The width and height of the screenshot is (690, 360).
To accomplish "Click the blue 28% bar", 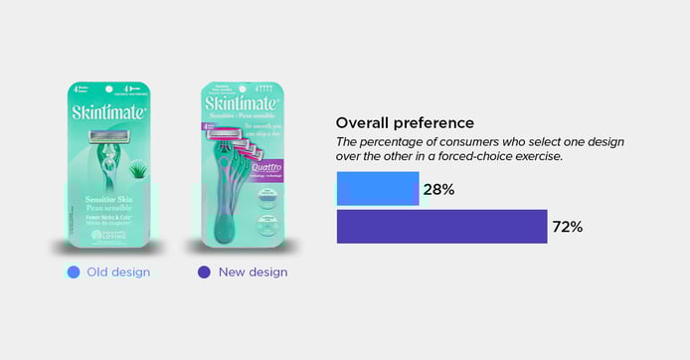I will pyautogui.click(x=377, y=189).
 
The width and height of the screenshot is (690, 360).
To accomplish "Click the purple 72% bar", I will pyautogui.click(x=441, y=226).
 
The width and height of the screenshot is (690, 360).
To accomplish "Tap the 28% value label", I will pyautogui.click(x=439, y=189).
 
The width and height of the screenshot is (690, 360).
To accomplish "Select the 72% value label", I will pyautogui.click(x=567, y=227).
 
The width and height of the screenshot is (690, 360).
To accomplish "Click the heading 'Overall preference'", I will pyautogui.click(x=404, y=122).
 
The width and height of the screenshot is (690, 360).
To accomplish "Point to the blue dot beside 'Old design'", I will pyautogui.click(x=73, y=271).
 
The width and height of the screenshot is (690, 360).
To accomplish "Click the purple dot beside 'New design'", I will pyautogui.click(x=204, y=271).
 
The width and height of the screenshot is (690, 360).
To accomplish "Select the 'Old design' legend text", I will pyautogui.click(x=117, y=271).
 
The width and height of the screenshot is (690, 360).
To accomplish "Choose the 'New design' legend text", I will pyautogui.click(x=253, y=271).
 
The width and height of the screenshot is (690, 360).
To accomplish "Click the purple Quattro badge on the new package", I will pyautogui.click(x=271, y=170).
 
